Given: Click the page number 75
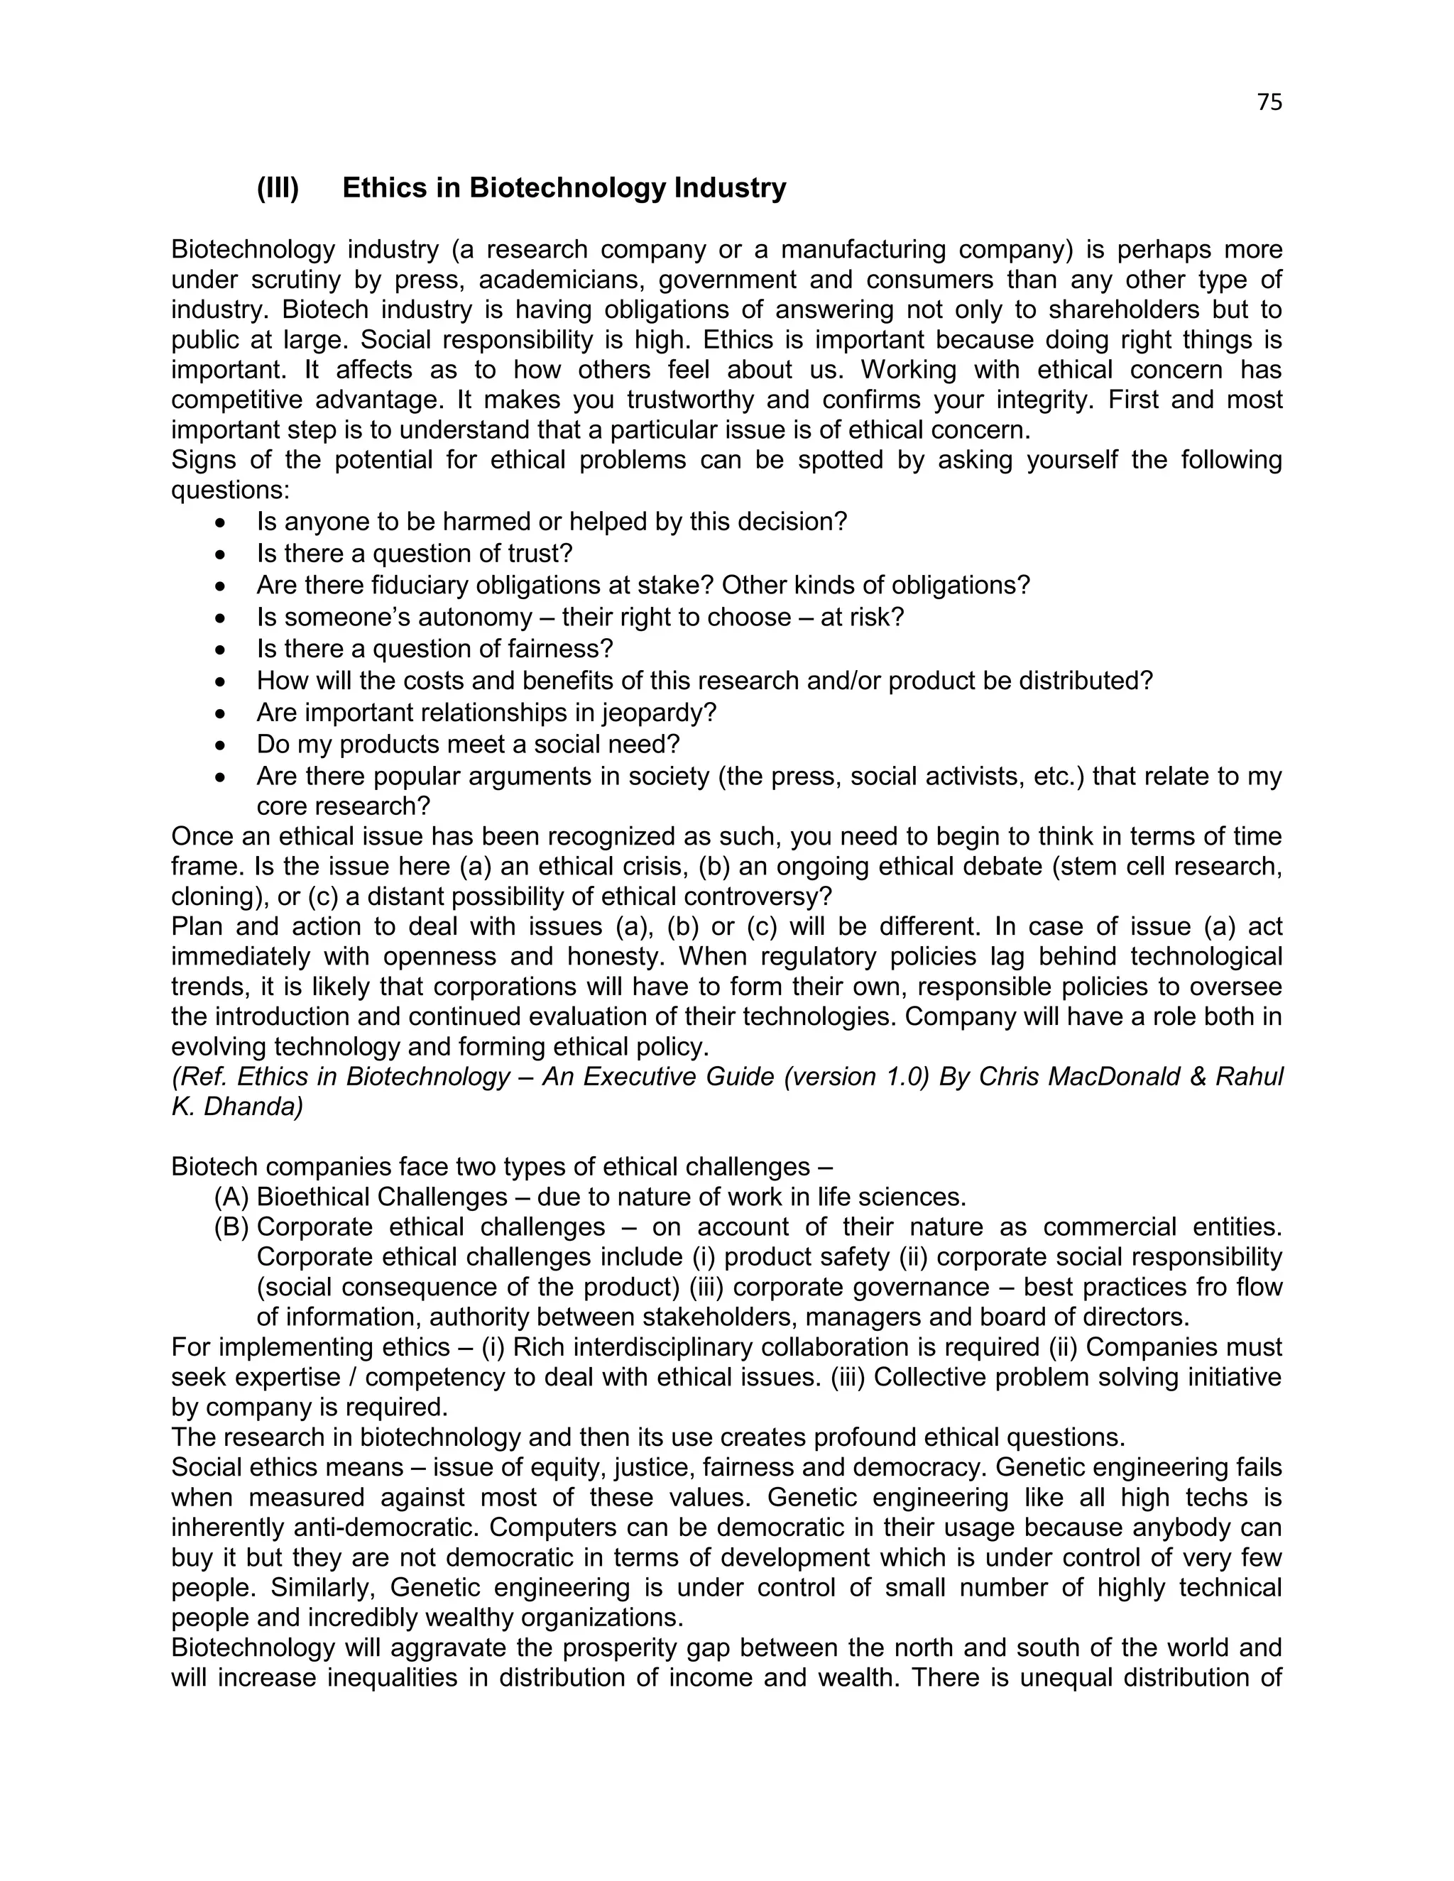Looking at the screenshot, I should coord(1269,102).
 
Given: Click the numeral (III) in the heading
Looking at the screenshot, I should coord(278,188).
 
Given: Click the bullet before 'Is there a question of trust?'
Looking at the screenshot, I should coord(222,554).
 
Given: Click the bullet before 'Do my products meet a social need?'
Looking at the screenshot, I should coord(222,745).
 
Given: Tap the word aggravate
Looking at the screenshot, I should coord(452,1648).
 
